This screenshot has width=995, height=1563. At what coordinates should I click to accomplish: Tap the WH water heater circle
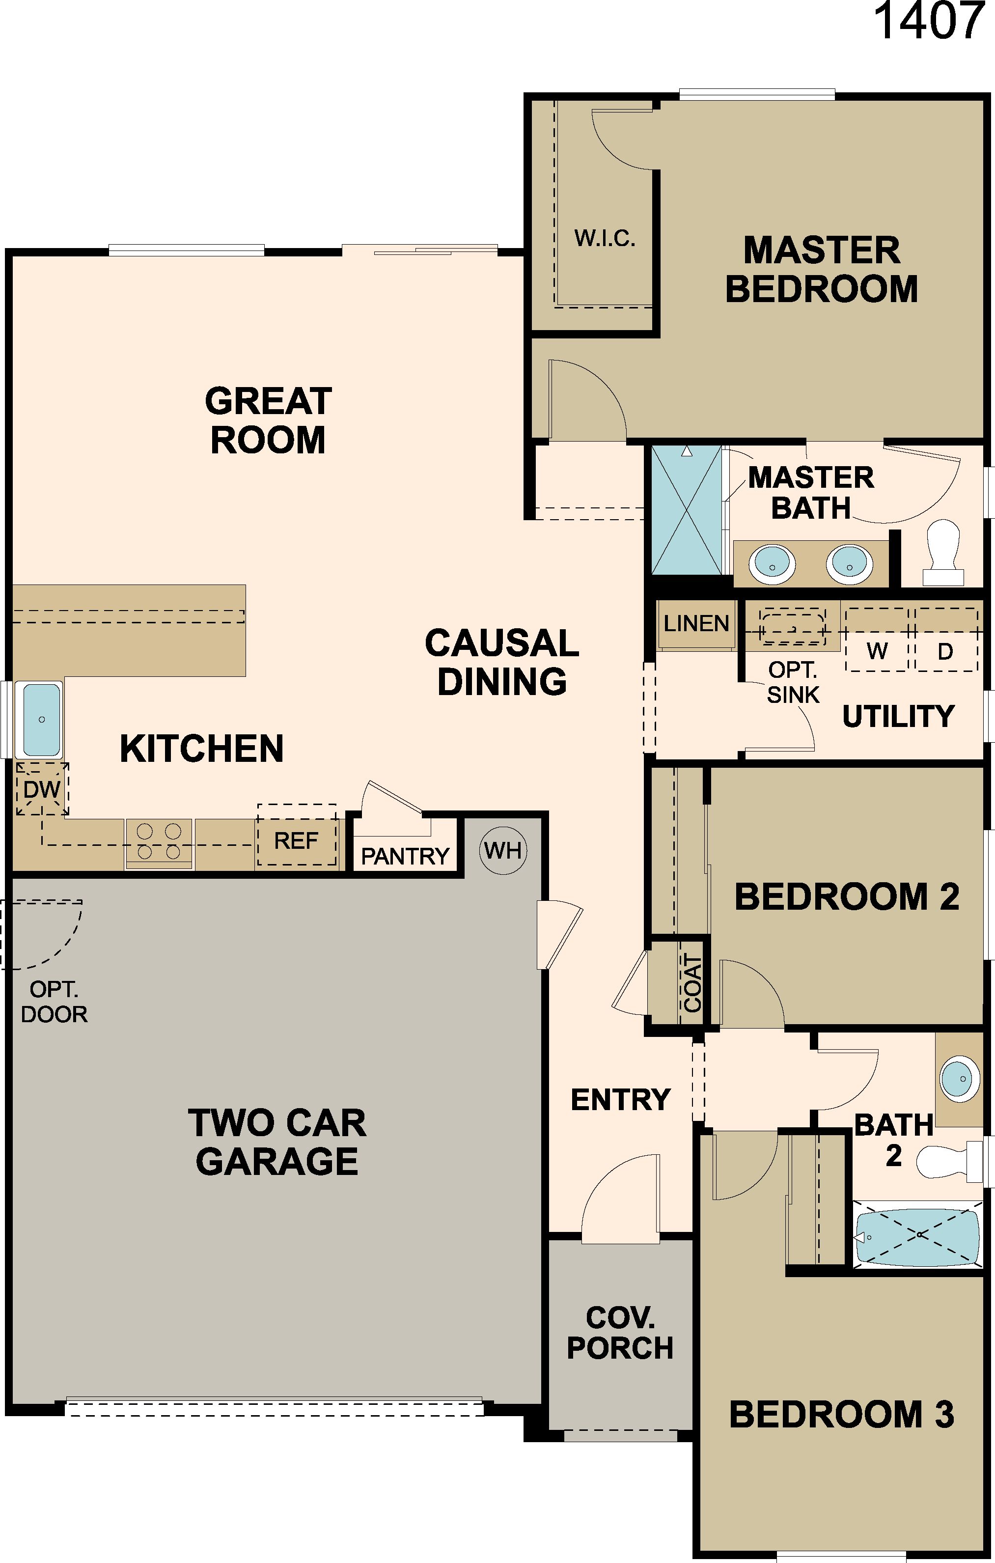(x=502, y=850)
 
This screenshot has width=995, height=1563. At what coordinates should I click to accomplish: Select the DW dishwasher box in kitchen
(x=42, y=789)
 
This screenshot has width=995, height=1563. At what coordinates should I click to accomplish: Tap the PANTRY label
(x=405, y=857)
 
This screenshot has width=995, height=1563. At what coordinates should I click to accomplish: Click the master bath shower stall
(x=686, y=510)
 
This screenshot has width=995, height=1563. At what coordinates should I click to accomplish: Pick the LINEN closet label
(x=696, y=624)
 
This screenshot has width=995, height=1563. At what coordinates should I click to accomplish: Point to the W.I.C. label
(x=604, y=239)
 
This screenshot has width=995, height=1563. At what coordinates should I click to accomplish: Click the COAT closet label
(x=692, y=984)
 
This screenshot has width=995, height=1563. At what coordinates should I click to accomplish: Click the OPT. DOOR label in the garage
(x=54, y=1002)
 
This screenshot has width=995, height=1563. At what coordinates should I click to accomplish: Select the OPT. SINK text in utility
(x=793, y=682)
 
